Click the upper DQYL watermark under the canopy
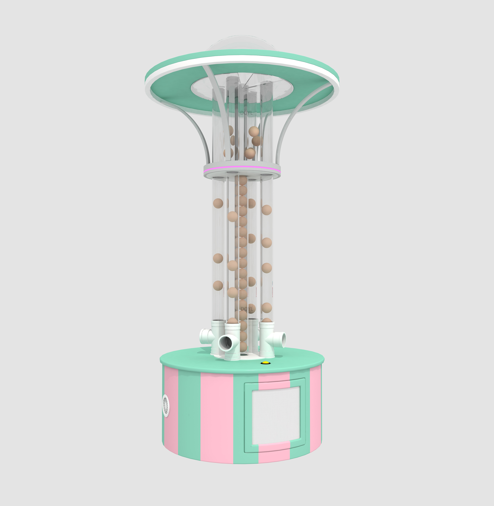[246, 113]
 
